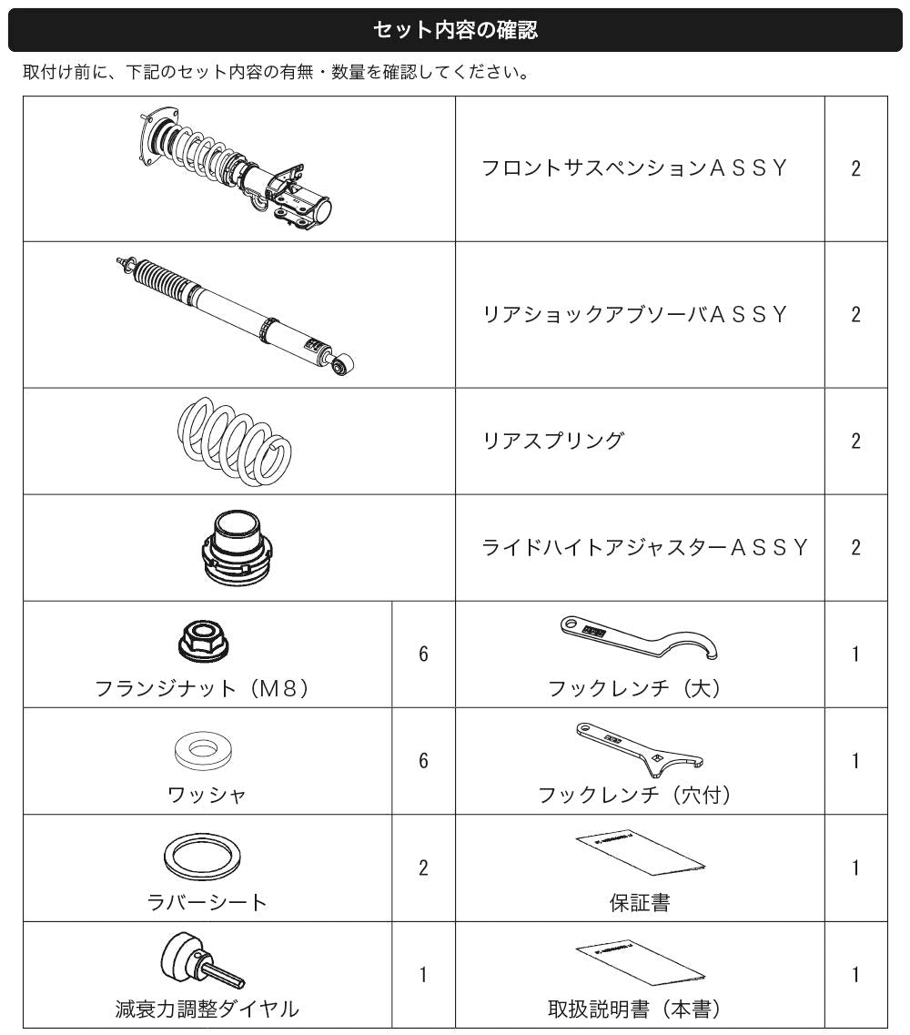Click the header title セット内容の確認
click(x=455, y=30)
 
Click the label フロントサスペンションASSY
click(x=635, y=168)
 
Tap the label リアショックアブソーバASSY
click(x=635, y=314)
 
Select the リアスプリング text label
click(x=553, y=441)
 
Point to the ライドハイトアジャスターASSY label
click(x=644, y=547)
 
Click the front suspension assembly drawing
click(x=237, y=168)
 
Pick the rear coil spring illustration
click(x=234, y=441)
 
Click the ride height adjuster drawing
click(x=238, y=547)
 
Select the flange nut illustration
click(x=204, y=641)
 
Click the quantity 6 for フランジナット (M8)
click(x=424, y=654)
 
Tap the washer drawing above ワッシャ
click(x=204, y=750)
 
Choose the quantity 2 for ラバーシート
click(x=424, y=868)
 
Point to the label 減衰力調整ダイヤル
click(x=207, y=1009)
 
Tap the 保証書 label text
click(x=640, y=902)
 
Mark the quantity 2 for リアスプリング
click(x=856, y=441)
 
